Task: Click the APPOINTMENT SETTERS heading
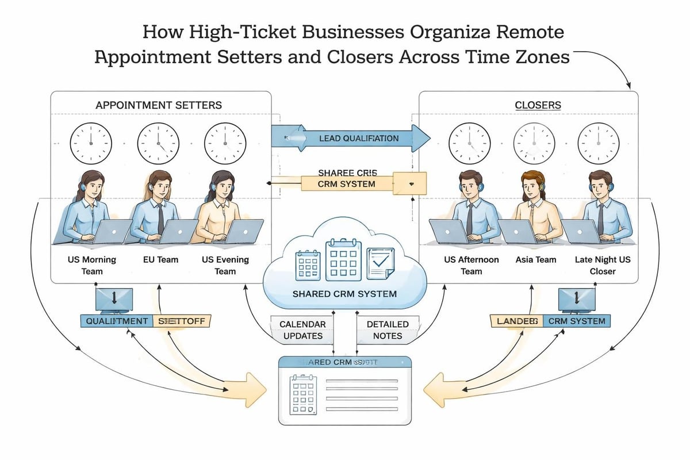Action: (x=159, y=105)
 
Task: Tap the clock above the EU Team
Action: (x=158, y=143)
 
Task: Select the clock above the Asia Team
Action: (x=534, y=143)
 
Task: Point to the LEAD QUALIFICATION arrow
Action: (x=351, y=138)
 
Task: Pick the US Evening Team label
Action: (x=225, y=265)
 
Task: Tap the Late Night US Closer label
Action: (x=603, y=265)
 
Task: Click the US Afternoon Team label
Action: (x=471, y=265)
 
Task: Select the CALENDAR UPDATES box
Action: (x=302, y=329)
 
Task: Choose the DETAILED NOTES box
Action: (x=388, y=329)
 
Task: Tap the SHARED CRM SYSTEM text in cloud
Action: (x=345, y=294)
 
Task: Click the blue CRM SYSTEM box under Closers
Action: (x=576, y=321)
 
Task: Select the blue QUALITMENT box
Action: (x=116, y=321)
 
